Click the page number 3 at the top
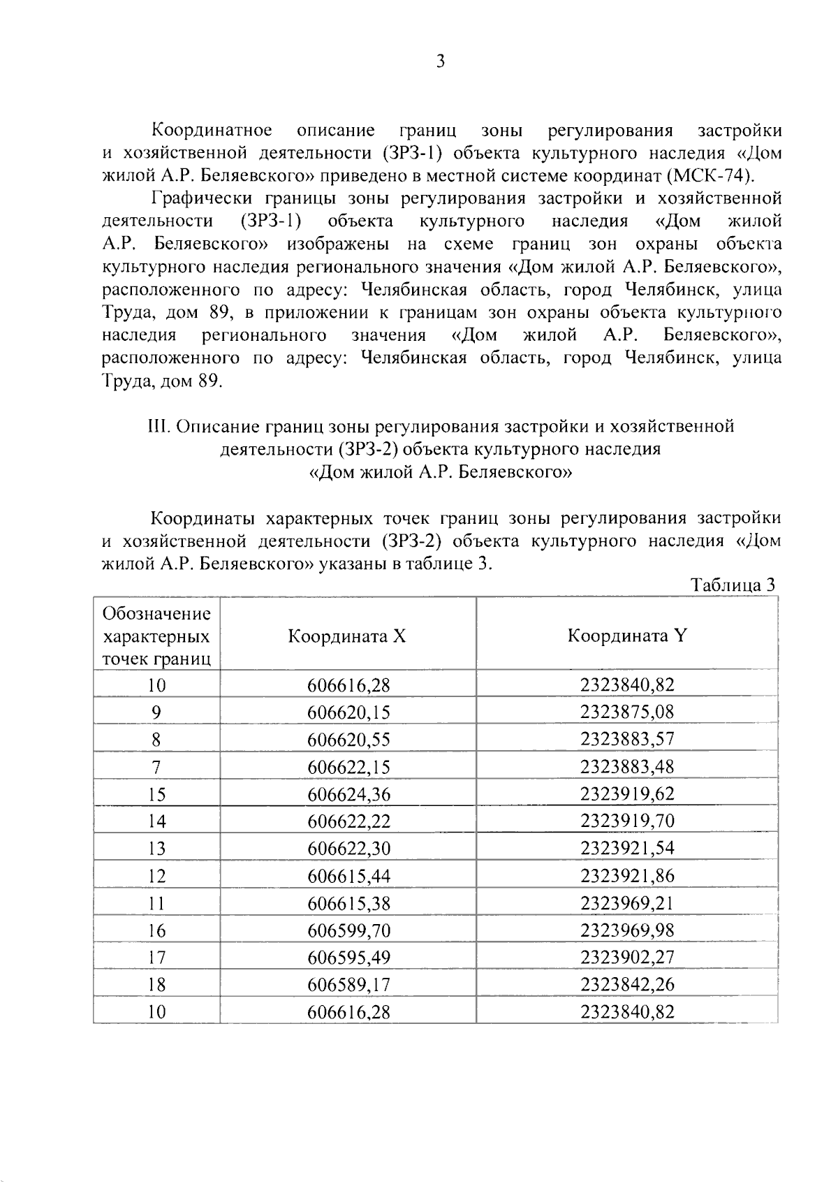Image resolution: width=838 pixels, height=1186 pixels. click(440, 62)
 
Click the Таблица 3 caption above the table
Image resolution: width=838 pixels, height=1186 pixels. click(733, 585)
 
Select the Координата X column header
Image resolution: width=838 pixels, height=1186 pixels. click(347, 636)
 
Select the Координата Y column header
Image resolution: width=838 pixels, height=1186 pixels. click(627, 636)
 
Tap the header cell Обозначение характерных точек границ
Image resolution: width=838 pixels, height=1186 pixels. click(156, 636)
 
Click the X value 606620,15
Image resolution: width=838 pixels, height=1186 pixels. click(348, 712)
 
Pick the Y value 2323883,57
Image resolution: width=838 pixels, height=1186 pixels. click(627, 739)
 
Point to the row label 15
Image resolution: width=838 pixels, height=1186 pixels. click(156, 794)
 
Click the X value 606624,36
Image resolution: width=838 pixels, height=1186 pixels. click(348, 794)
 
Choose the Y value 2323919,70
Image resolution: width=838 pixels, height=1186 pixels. click(627, 821)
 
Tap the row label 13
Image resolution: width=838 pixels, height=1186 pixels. click(156, 849)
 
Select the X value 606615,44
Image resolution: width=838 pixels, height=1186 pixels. click(348, 876)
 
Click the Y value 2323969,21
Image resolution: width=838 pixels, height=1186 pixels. click(627, 903)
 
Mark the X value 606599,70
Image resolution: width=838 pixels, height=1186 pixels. click(348, 930)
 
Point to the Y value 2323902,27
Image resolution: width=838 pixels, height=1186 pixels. click(627, 957)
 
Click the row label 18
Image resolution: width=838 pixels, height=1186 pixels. click(156, 985)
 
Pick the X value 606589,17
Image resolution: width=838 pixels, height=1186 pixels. click(348, 985)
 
